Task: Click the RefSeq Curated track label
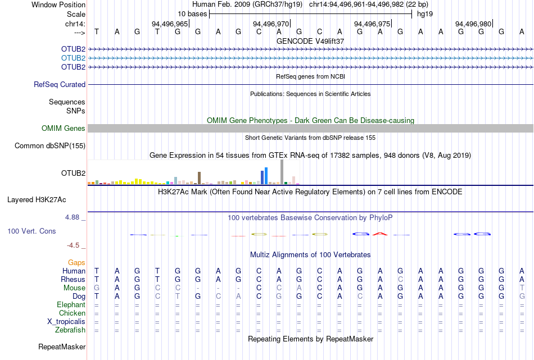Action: point(60,85)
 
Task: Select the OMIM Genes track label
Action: point(64,129)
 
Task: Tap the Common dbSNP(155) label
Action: point(51,146)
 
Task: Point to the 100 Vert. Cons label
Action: point(32,231)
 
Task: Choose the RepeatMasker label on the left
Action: point(62,347)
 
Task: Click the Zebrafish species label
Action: point(70,330)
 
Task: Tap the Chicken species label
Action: point(71,313)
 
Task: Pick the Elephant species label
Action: point(71,305)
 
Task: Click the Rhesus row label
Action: point(73,280)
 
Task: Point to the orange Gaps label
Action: point(76,263)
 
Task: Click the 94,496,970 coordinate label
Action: point(270,24)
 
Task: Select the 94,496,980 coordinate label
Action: point(473,24)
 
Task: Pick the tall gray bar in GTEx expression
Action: point(282,172)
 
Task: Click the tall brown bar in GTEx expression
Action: point(199,178)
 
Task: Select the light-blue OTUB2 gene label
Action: point(73,58)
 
